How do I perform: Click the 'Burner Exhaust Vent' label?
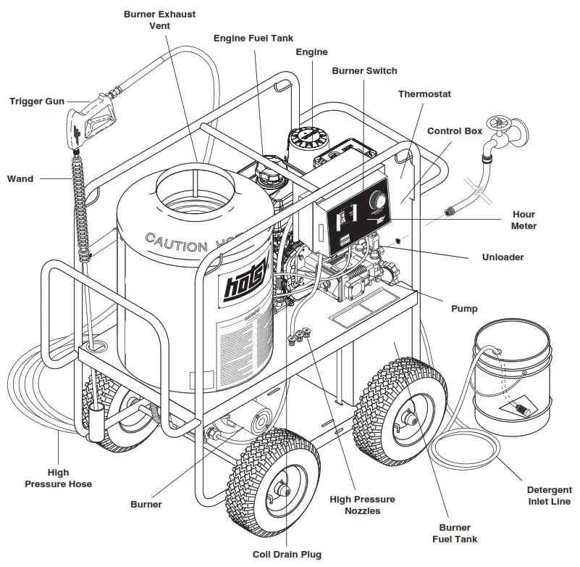tap(159, 20)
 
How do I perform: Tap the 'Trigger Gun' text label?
tap(37, 101)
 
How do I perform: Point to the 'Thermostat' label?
tap(424, 94)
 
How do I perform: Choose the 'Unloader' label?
tap(503, 257)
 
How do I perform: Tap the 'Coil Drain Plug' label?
tap(286, 555)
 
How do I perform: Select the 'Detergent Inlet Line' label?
tap(548, 495)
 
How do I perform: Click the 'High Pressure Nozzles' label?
tap(362, 505)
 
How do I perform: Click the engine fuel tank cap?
tap(266, 175)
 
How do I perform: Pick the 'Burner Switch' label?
tap(364, 71)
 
